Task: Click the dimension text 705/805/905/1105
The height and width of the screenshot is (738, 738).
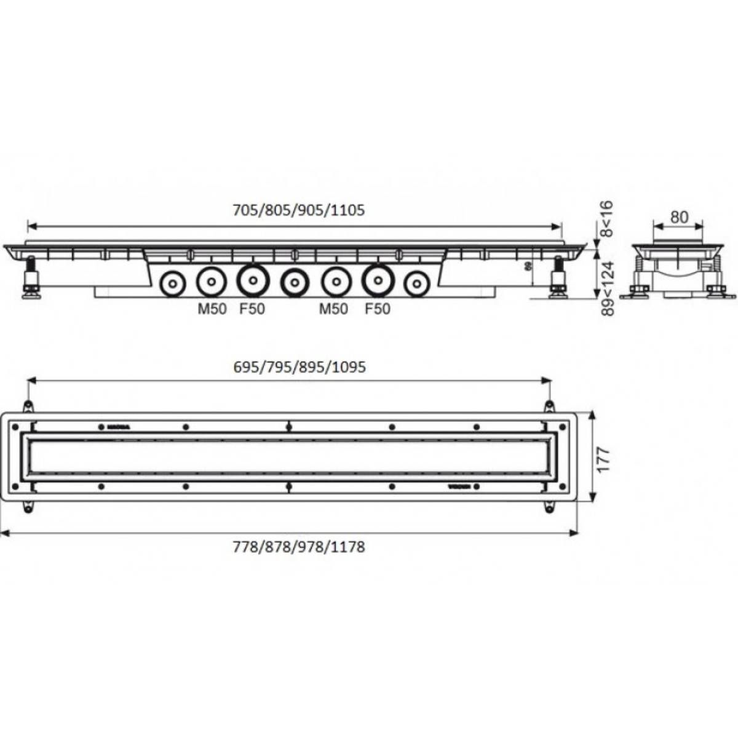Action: tap(299, 210)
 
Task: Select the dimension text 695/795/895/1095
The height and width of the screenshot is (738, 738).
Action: tap(300, 367)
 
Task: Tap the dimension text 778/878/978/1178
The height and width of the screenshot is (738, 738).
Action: tap(299, 546)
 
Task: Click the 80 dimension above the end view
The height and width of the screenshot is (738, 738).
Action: tap(678, 217)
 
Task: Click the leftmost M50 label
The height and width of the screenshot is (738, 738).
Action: tap(212, 309)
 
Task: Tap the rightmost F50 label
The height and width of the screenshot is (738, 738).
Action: tap(378, 309)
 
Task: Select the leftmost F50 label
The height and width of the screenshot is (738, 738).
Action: tap(252, 309)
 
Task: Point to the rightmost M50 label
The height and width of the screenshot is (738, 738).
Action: tap(333, 309)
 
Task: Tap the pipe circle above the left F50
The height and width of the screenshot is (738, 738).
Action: tap(253, 280)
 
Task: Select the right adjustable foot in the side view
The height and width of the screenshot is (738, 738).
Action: tap(558, 279)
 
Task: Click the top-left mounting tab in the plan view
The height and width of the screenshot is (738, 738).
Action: tap(27, 407)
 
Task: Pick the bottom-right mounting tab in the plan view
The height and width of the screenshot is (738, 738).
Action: tap(547, 506)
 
